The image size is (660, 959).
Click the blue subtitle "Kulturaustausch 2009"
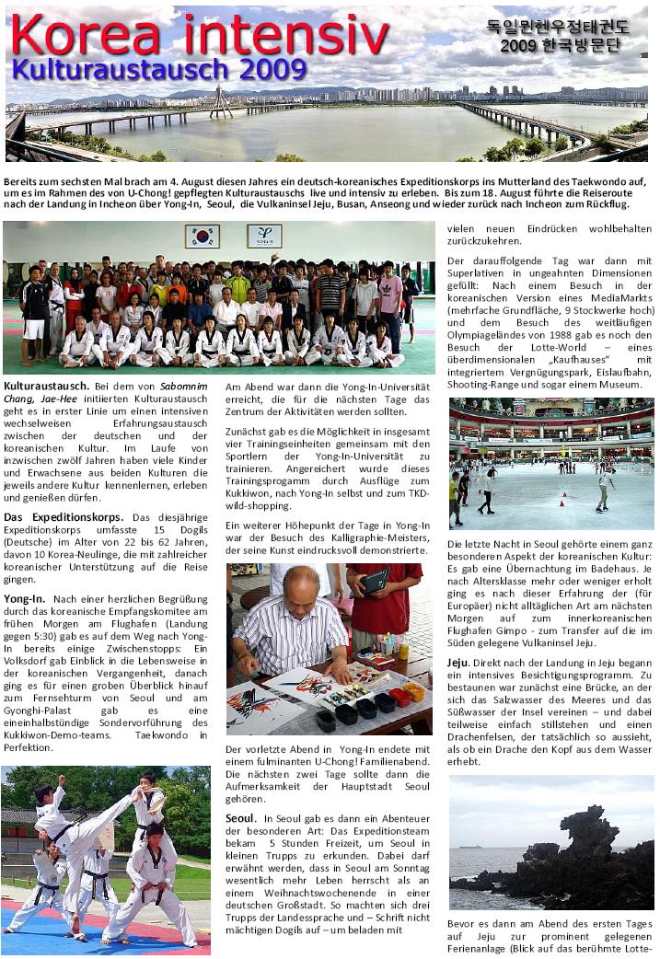[159, 69]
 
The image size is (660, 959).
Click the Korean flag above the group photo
[203, 236]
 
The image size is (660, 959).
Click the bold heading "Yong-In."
[26, 598]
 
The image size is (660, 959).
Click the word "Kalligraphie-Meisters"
[373, 537]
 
